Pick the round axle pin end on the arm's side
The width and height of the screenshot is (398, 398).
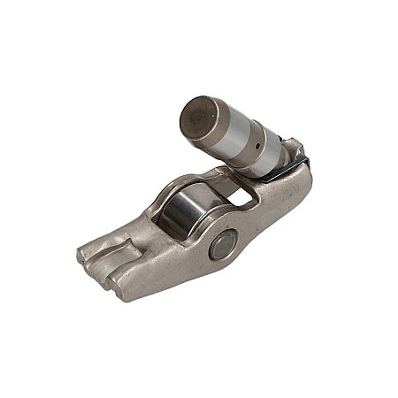pos(222,244)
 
